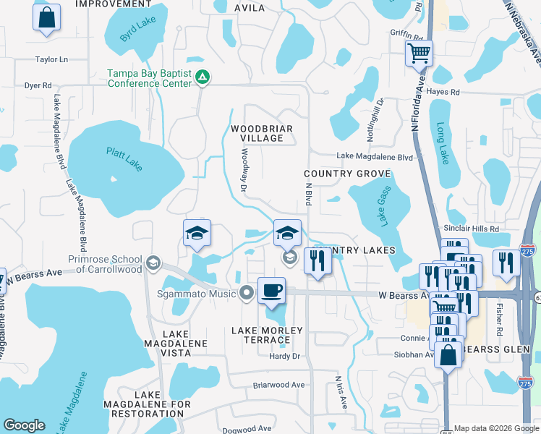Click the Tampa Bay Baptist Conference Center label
[149, 78]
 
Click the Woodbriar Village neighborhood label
[261, 134]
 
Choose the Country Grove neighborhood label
[347, 174]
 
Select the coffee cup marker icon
[271, 290]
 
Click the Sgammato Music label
[197, 294]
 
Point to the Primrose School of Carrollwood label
[105, 264]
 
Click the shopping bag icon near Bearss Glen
[448, 355]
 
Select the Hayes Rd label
[443, 92]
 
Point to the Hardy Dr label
[284, 356]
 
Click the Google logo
[24, 425]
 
